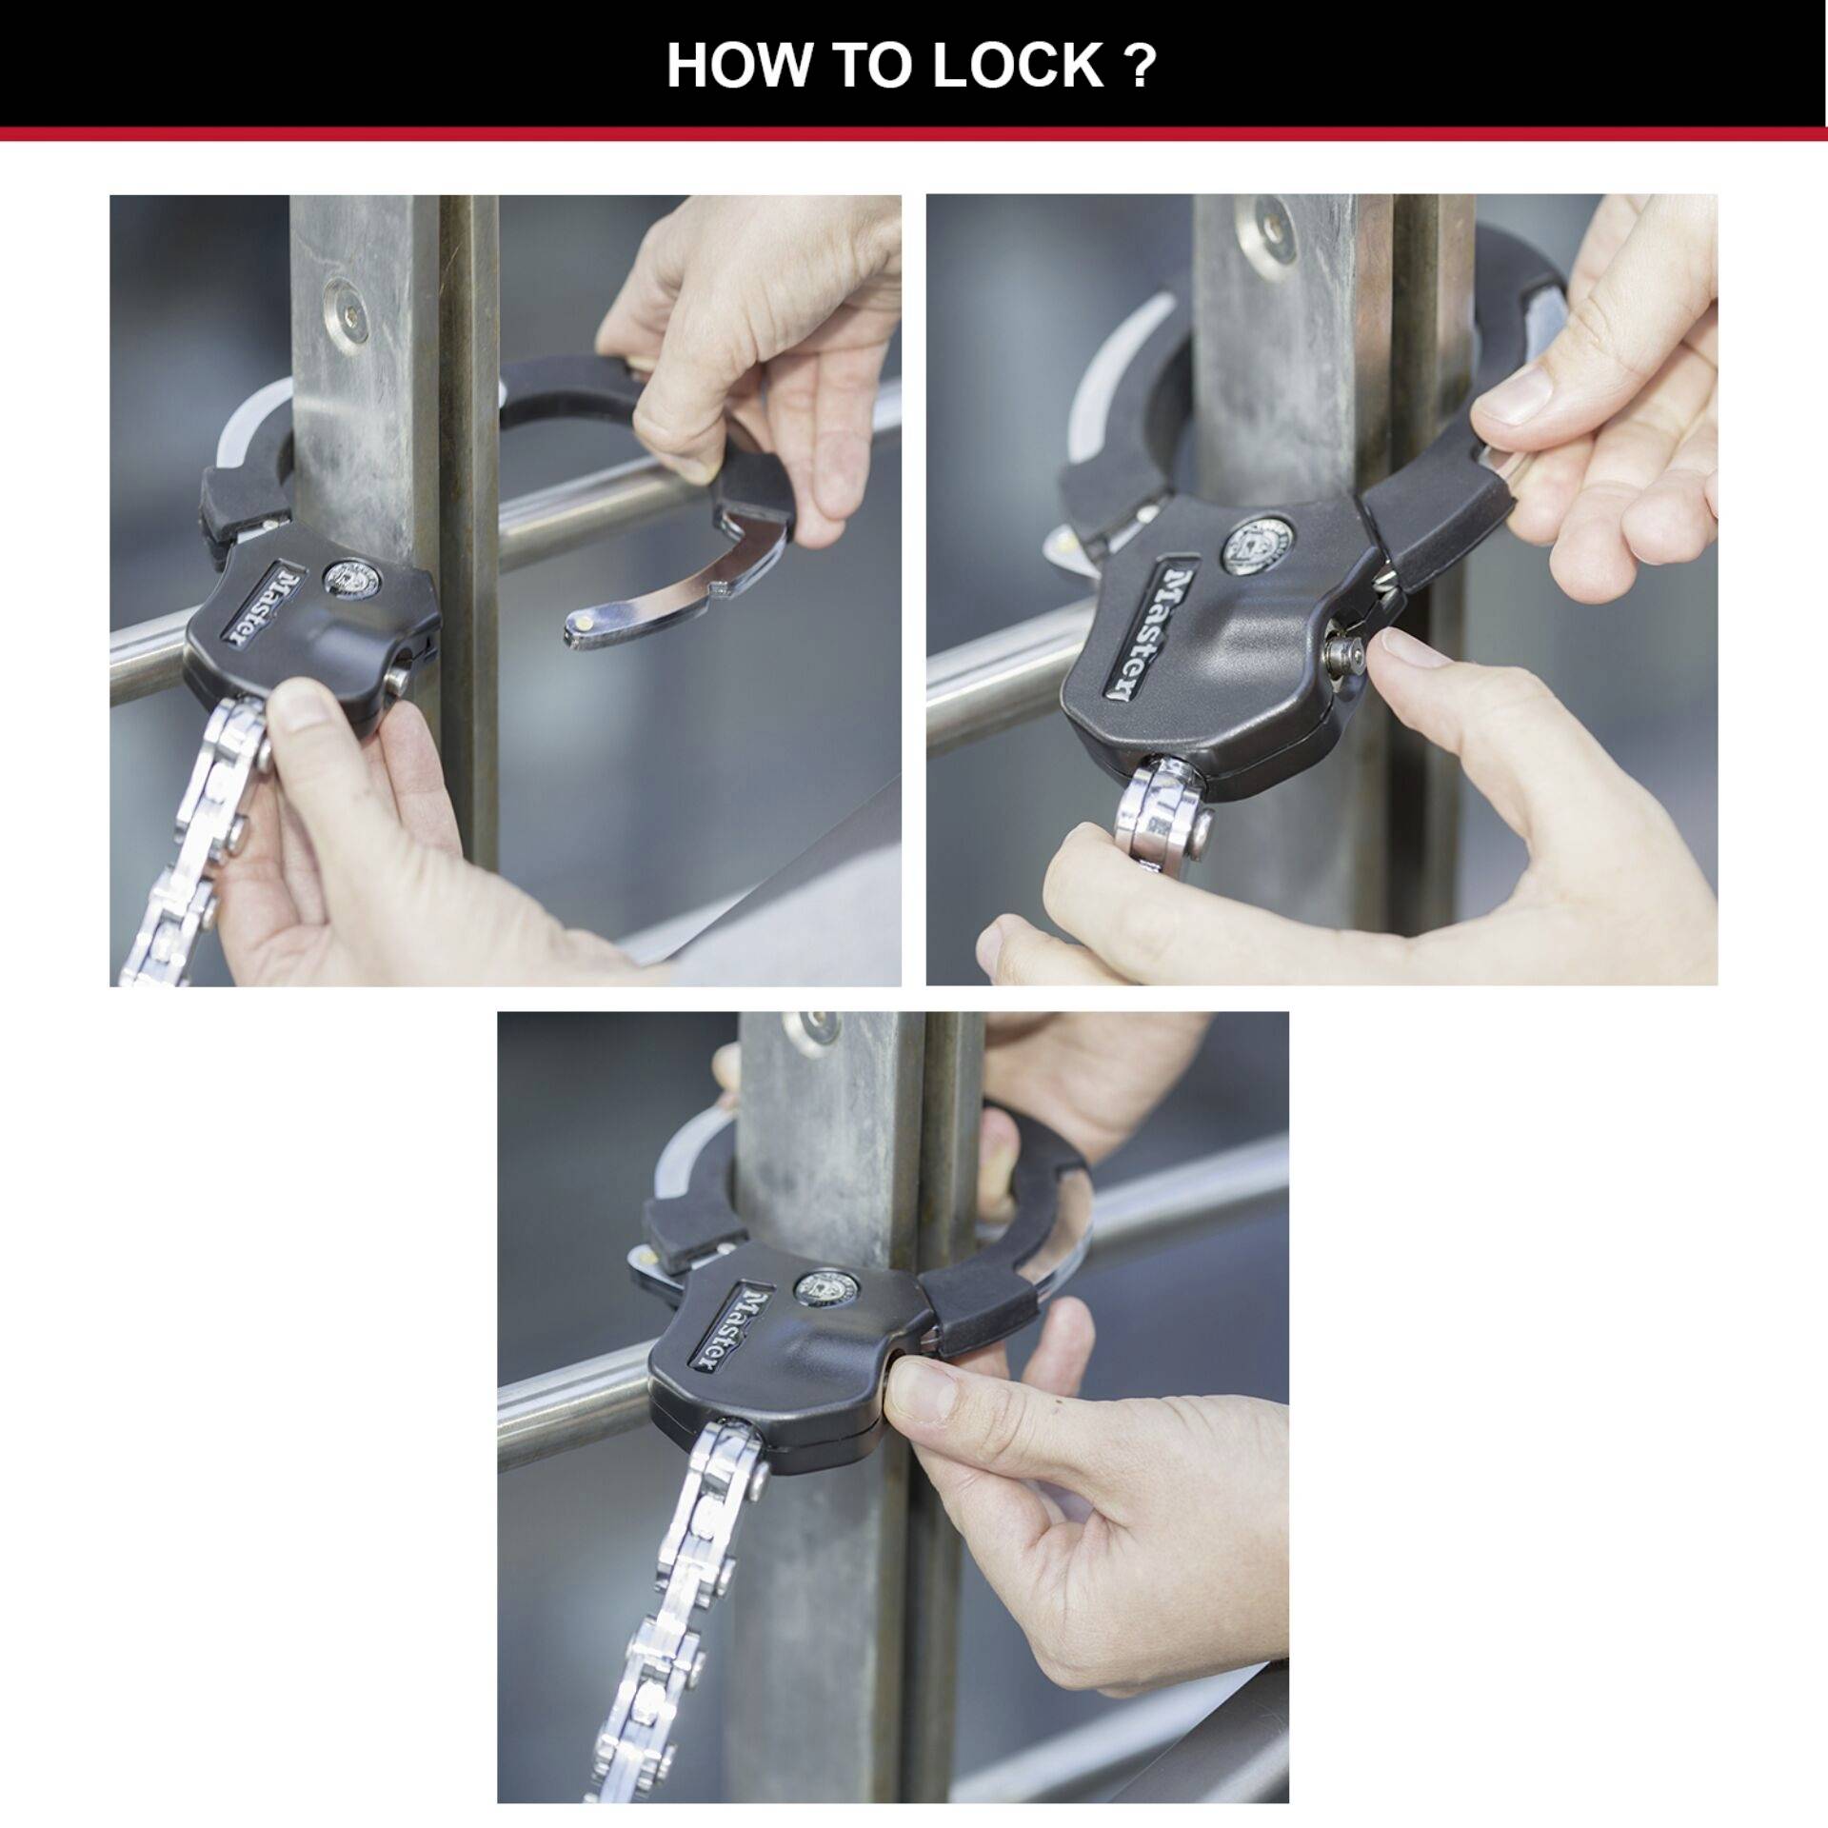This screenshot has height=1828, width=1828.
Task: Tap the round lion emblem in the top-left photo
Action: tap(348, 577)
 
